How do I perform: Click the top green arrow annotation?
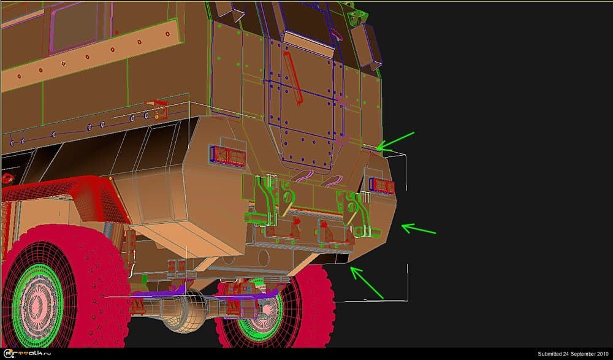[x=396, y=141]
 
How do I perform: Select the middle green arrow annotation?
[x=418, y=229]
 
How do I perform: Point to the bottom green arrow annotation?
[x=367, y=283]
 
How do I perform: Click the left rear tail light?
[x=227, y=156]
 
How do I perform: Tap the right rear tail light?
[x=381, y=185]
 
